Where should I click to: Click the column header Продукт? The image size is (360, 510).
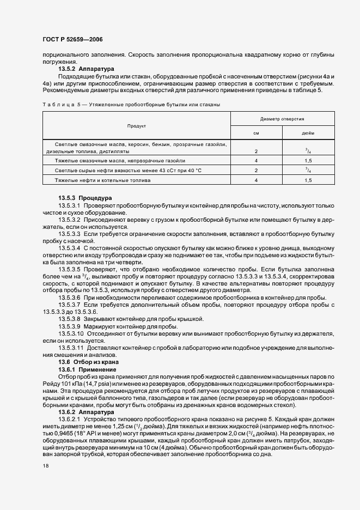(136, 126)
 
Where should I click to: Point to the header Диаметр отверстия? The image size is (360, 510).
(282, 118)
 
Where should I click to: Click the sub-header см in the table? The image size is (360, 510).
(256, 133)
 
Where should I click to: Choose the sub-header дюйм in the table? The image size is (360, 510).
(308, 133)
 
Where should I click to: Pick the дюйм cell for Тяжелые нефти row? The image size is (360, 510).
(308, 179)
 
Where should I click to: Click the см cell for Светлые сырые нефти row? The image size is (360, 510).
(256, 171)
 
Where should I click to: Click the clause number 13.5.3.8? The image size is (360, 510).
(69, 318)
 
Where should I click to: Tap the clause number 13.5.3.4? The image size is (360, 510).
(69, 248)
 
